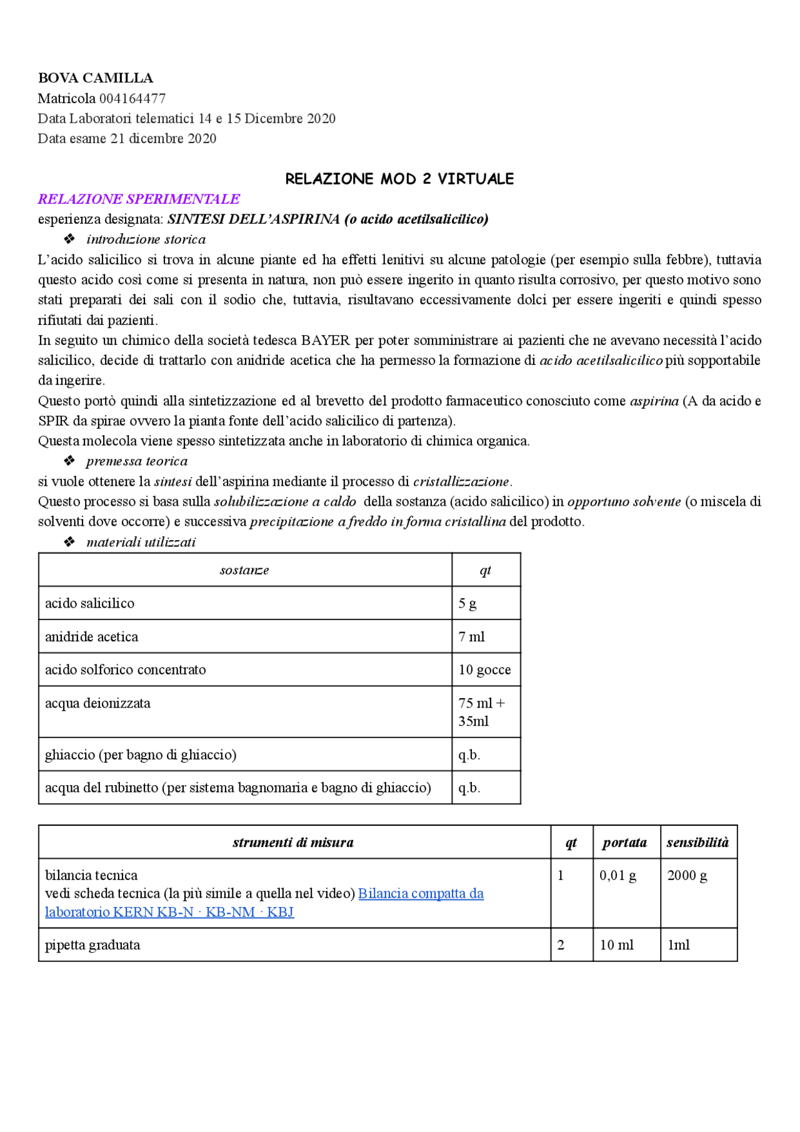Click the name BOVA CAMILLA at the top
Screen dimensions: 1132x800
[x=95, y=78]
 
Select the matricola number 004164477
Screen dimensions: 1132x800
[x=132, y=98]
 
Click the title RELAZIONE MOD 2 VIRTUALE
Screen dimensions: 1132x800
[x=399, y=179]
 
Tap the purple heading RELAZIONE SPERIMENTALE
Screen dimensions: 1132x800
[x=139, y=199]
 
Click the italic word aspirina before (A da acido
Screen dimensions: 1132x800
[x=654, y=401]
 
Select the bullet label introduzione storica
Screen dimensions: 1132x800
[x=146, y=239]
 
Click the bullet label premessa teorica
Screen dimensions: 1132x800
[x=137, y=461]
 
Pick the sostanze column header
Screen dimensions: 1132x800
[x=244, y=570]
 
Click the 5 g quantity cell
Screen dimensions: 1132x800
[x=467, y=603]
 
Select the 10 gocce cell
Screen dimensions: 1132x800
[x=484, y=669]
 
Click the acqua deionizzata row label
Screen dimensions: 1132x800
[x=97, y=703]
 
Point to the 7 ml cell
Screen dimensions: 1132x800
[x=471, y=636]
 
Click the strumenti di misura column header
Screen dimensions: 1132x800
[x=293, y=842]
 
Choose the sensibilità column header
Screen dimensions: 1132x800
[x=697, y=842]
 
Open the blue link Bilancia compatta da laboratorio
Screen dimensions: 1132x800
[x=421, y=893]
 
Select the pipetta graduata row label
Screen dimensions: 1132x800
[x=92, y=945]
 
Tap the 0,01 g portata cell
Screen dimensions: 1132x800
[x=617, y=875]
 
